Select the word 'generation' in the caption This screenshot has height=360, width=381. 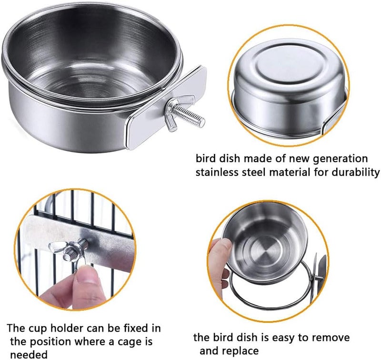click(340, 159)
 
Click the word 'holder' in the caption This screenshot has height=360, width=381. click(65, 329)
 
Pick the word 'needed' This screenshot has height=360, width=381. click(29, 355)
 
